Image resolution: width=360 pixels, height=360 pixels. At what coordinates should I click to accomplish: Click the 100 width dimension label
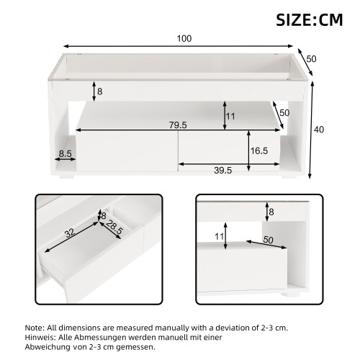184,39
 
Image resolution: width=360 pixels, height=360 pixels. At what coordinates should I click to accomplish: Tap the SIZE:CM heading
310,20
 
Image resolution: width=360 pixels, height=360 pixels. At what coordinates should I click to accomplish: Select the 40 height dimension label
319,130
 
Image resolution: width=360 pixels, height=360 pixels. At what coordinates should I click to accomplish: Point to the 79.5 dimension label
178,125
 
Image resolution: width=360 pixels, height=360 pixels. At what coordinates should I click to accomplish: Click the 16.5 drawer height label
259,150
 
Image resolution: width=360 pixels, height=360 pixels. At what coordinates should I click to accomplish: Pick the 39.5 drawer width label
222,171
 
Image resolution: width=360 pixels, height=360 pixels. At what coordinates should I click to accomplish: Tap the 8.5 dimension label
65,154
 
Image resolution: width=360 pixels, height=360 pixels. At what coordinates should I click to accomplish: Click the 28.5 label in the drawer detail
114,228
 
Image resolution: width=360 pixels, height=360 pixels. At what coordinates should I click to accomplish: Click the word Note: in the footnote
35,328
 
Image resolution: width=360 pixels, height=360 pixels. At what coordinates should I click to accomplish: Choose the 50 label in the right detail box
268,240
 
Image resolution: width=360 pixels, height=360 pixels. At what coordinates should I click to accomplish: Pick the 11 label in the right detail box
219,236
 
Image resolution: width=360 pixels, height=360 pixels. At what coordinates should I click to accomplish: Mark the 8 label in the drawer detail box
104,216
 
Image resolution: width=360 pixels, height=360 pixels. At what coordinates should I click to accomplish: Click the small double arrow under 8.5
65,159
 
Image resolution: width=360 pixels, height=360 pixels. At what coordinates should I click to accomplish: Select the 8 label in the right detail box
271,212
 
